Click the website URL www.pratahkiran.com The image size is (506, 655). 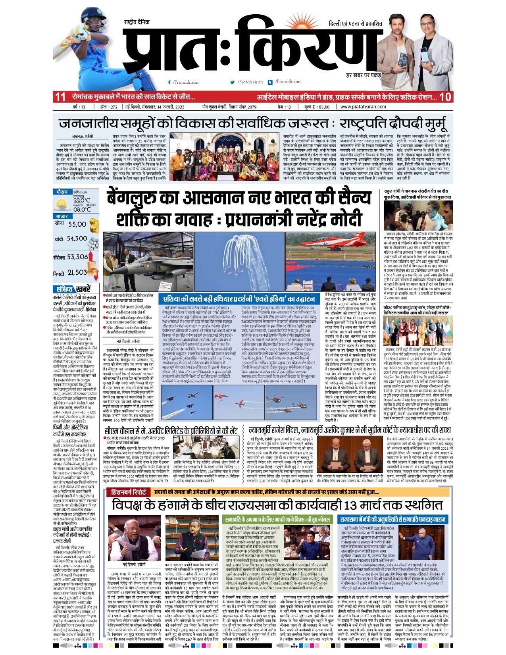[x=363, y=107]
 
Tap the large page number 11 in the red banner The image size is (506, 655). [x=60, y=97]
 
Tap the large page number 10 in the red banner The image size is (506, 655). [x=445, y=97]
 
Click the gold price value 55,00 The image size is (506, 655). [x=77, y=224]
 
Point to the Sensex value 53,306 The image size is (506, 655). [x=77, y=257]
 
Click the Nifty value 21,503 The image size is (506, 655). [x=77, y=272]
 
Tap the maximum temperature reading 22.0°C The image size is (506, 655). [x=82, y=200]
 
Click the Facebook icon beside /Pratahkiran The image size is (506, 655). [x=169, y=82]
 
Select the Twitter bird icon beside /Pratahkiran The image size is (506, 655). [x=233, y=82]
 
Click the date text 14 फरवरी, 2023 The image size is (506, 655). [x=166, y=107]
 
